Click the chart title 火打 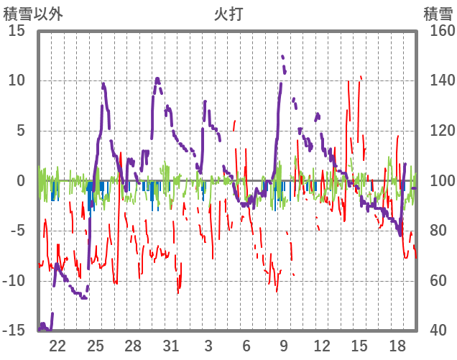tap(228, 13)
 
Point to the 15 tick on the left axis tap(17, 32)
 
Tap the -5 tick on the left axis tap(17, 231)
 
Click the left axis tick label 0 tap(22, 181)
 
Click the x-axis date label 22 tap(57, 345)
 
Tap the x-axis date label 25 tap(96, 345)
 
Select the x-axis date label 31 tap(170, 345)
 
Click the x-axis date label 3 tap(208, 345)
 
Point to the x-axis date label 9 tap(284, 345)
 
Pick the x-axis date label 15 tap(359, 345)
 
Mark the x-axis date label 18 tap(397, 345)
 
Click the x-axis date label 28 tap(133, 345)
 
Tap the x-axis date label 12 tap(321, 345)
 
